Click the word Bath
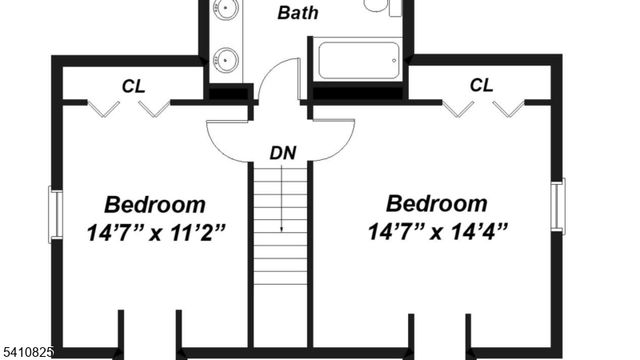(x=298, y=13)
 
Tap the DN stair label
(x=283, y=153)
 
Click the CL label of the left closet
(x=134, y=86)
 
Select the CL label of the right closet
(x=481, y=86)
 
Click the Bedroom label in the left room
(x=155, y=205)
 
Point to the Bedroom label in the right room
(x=438, y=205)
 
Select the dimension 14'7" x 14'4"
(x=438, y=232)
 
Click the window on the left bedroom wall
(x=56, y=212)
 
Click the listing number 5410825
(x=28, y=352)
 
